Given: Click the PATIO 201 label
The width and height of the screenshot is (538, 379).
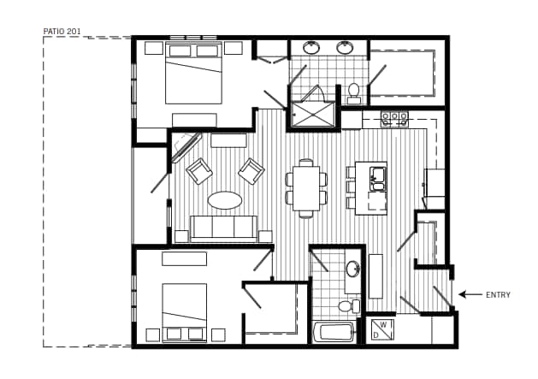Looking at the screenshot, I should click(x=62, y=32).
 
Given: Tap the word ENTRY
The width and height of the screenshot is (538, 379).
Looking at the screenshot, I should click(x=498, y=295).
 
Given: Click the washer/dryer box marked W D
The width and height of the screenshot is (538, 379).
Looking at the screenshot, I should click(x=381, y=329).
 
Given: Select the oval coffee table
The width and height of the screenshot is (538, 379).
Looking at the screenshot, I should click(x=225, y=200).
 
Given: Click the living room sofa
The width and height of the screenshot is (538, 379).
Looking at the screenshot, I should click(x=223, y=228).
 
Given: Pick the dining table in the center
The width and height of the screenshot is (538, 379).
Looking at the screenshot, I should click(x=305, y=187).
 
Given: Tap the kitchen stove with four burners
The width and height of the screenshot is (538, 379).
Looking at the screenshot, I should click(x=394, y=119).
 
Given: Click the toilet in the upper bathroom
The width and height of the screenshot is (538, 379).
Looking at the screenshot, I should click(x=353, y=91).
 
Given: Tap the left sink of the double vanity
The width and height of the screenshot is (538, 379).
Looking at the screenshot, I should click(x=311, y=48).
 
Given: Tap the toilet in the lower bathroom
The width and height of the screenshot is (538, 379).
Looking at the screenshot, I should click(x=346, y=305).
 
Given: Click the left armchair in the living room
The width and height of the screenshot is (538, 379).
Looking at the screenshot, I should click(x=199, y=171).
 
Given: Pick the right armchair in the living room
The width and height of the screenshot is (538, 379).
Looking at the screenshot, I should click(x=251, y=171).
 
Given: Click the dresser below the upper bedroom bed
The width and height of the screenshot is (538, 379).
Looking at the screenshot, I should click(x=194, y=120).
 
